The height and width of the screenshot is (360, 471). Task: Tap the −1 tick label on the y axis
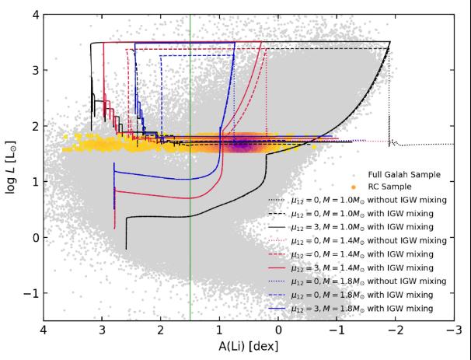coord(29,294)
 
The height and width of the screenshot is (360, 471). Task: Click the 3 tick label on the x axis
coord(102,330)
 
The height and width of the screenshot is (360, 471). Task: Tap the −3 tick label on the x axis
coord(451,330)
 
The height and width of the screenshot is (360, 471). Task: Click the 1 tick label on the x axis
coord(219,330)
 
